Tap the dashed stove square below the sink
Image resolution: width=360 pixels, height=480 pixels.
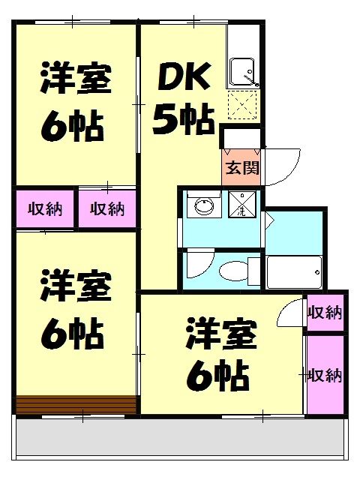click(243, 107)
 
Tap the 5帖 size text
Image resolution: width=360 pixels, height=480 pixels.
click(184, 118)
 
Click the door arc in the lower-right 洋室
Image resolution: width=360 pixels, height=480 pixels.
click(291, 316)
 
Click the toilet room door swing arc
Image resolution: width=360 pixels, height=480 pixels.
click(199, 265)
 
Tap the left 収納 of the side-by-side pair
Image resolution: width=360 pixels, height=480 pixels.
click(46, 208)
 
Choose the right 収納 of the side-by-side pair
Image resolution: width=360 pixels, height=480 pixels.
click(107, 208)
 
